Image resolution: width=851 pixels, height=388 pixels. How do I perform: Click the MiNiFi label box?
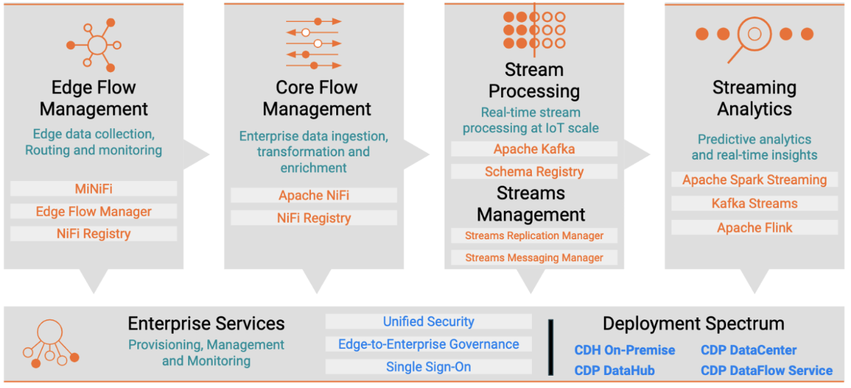[x=93, y=189]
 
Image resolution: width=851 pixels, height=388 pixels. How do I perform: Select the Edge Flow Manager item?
[x=93, y=211]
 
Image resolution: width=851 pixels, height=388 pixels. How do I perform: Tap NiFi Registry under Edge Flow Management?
[x=93, y=234]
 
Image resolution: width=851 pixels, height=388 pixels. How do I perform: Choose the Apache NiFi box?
[x=314, y=195]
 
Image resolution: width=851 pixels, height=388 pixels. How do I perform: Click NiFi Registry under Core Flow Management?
[x=314, y=218]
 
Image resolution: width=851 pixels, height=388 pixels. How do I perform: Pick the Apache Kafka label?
[x=534, y=149]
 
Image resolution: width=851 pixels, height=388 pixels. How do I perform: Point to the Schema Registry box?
[x=534, y=171]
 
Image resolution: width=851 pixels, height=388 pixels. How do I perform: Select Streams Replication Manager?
[x=534, y=236]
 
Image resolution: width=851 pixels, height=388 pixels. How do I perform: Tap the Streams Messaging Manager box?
[x=534, y=258]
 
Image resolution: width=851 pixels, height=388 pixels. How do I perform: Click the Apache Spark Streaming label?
[x=754, y=180]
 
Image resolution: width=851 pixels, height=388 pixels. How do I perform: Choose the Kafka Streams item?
[x=754, y=203]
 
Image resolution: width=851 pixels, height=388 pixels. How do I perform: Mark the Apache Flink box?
[x=754, y=228]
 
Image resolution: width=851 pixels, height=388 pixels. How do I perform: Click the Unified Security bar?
[x=428, y=322]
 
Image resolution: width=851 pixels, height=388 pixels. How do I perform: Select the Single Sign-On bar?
[x=428, y=367]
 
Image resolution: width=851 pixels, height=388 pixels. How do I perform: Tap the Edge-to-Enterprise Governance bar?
[x=428, y=344]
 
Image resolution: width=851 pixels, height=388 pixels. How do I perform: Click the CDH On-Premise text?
[x=624, y=350]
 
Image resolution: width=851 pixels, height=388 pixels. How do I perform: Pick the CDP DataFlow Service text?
[x=766, y=371]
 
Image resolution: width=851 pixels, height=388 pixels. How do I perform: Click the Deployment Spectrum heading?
[x=693, y=324]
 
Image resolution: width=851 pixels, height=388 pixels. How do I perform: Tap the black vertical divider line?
[x=550, y=346]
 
